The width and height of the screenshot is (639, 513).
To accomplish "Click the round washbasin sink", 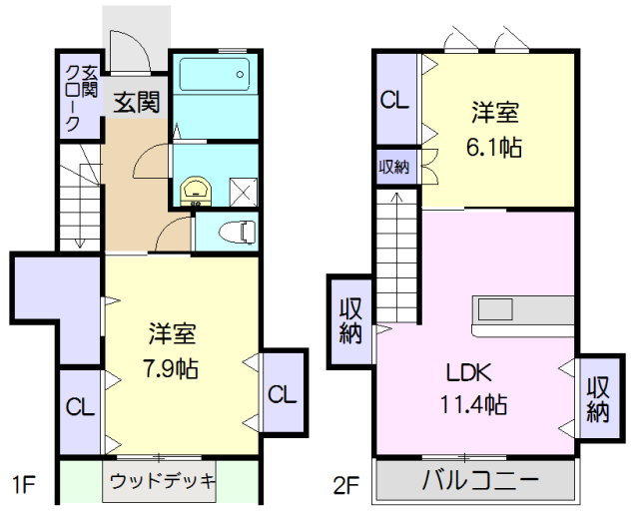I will (x=196, y=188).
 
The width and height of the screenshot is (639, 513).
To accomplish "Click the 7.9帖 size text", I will (x=172, y=367).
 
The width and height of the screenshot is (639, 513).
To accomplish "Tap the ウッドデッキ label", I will (x=162, y=481).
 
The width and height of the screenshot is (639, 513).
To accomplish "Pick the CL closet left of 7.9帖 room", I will (x=80, y=406).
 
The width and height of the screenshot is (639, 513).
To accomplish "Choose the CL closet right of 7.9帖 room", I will (x=283, y=393).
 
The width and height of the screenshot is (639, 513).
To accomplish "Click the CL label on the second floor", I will (x=394, y=100).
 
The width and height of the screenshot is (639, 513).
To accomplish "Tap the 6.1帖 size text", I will (x=495, y=146).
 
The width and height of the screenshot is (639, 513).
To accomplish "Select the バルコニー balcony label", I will (x=479, y=480).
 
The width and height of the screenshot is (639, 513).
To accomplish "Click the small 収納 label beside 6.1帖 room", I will (x=393, y=166).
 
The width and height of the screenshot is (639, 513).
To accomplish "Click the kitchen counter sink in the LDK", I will (x=496, y=306).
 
